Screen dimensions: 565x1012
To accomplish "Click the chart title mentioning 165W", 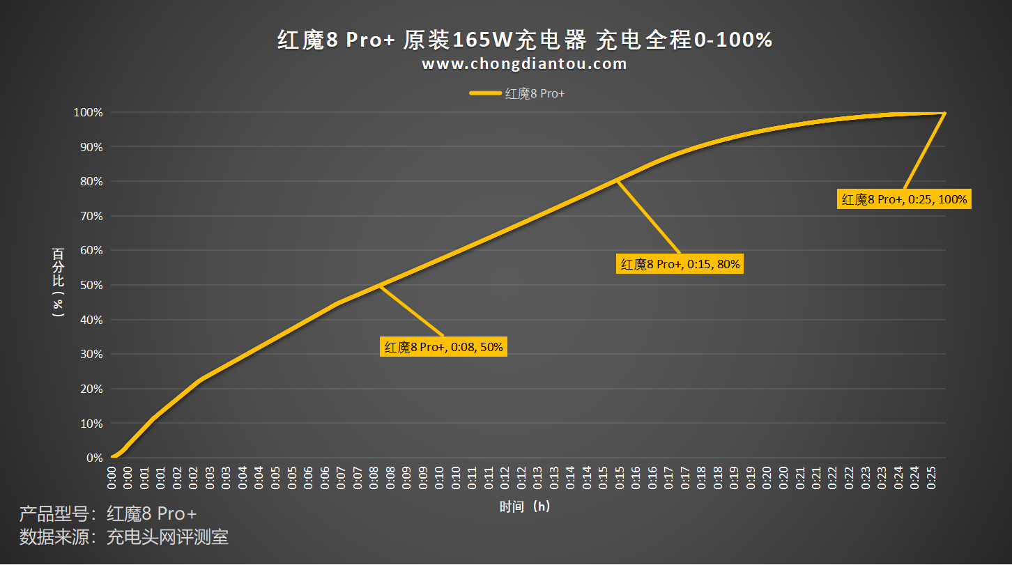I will pos(525,40).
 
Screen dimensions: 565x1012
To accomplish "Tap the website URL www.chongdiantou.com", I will pos(524,64).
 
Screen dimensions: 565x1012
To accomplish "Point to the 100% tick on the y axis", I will pos(89,112).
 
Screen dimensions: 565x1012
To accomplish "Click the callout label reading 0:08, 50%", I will pos(443,346).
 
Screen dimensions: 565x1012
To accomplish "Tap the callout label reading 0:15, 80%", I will pos(680,264).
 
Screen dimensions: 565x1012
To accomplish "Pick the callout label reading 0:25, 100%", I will pos(904,199).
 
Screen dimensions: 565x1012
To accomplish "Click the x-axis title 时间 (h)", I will pos(525,506).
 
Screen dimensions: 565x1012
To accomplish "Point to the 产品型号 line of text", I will pos(108,514).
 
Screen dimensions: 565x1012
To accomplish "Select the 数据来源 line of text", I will pos(124,537).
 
